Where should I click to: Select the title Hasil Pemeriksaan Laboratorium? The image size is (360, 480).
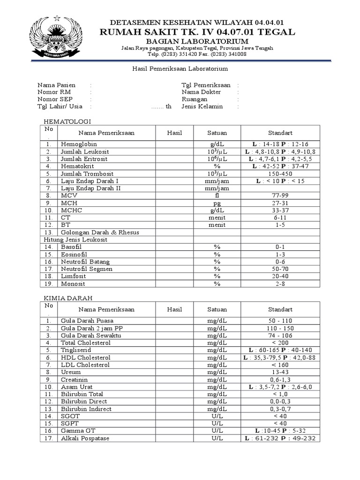pyautogui.click(x=179, y=69)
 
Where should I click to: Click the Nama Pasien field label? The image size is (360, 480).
pyautogui.click(x=53, y=85)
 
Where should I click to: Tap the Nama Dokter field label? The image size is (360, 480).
pyautogui.click(x=201, y=92)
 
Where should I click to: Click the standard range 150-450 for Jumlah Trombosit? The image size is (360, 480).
pyautogui.click(x=280, y=173)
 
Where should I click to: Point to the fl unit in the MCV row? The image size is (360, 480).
pyautogui.click(x=217, y=195)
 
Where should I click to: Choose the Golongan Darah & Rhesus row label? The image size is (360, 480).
pyautogui.click(x=100, y=232)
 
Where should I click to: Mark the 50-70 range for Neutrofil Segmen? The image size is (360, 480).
pyautogui.click(x=280, y=269)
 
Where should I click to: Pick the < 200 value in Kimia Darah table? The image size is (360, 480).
pyautogui.click(x=280, y=343)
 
